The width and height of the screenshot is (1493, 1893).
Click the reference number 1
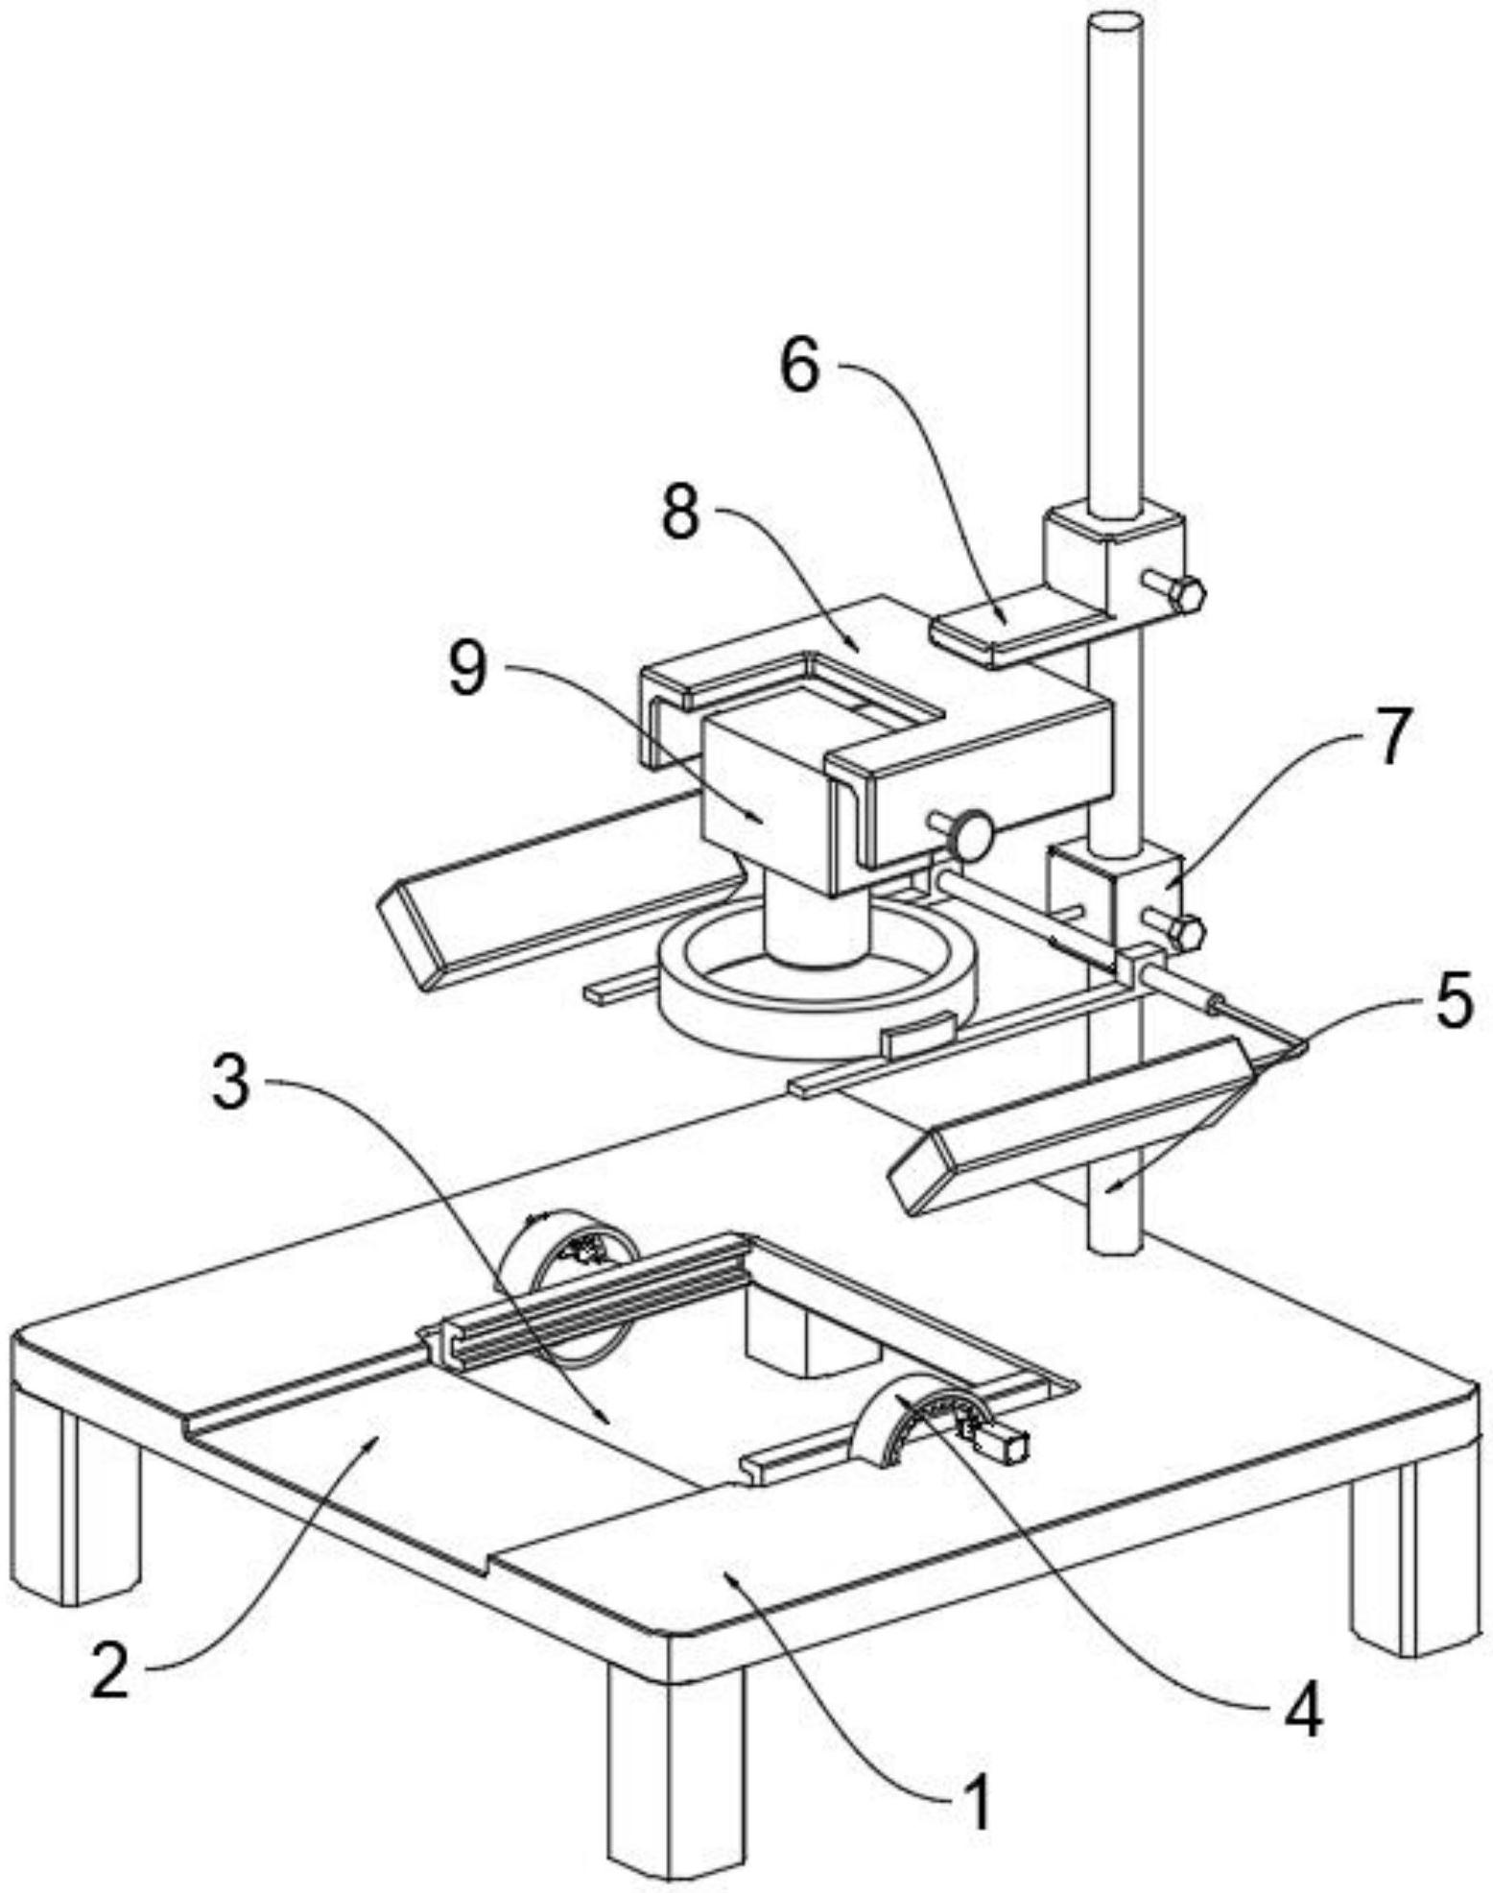tap(976, 1803)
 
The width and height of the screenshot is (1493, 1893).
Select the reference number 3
tap(231, 1082)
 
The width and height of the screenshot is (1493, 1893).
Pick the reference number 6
tap(798, 368)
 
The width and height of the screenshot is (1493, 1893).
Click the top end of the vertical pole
tap(1114, 24)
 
